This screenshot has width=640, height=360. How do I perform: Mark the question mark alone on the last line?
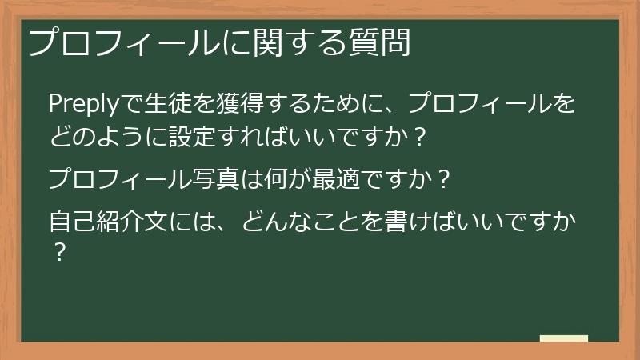pyautogui.click(x=58, y=253)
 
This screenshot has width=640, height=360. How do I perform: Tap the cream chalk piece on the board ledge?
pyautogui.click(x=563, y=338)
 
